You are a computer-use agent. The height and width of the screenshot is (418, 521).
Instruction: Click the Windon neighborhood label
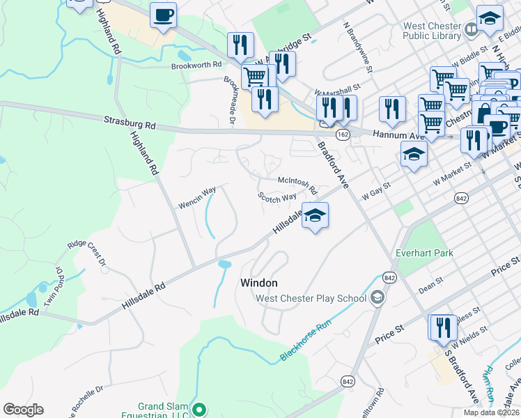point(259,283)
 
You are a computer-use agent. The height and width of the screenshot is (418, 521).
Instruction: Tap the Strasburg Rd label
point(130,123)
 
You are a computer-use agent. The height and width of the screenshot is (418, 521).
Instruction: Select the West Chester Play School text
point(311,299)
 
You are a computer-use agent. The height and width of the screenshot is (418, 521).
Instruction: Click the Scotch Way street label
point(277,198)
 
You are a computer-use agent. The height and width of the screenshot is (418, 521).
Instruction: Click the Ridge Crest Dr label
point(86,254)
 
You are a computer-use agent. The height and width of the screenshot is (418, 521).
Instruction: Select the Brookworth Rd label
point(196,65)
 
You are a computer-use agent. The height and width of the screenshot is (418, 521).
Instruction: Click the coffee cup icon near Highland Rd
point(163,16)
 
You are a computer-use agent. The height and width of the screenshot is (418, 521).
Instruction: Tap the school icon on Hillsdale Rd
point(315,216)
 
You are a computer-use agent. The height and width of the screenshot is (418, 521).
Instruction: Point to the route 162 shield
point(342,132)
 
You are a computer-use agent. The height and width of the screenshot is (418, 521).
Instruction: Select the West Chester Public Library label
point(432,31)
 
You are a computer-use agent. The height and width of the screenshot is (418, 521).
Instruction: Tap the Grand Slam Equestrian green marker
point(199,410)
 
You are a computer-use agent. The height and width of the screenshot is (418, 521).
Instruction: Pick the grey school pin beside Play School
point(377,298)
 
